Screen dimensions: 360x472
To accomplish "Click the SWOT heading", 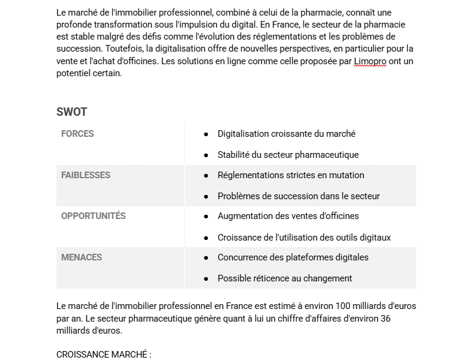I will click(71, 112).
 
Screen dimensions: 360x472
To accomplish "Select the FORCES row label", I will click(77, 134).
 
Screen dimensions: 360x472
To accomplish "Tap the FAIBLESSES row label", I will click(86, 175).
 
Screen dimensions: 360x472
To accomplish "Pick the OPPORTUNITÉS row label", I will click(94, 216).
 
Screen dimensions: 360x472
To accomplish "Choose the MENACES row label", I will click(82, 257).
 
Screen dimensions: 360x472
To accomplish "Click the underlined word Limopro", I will click(370, 61).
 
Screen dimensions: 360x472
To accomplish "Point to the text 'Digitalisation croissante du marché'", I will click(287, 134).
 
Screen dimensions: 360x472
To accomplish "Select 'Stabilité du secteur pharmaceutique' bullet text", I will click(288, 155).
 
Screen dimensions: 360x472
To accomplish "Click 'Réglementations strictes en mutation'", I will click(291, 175).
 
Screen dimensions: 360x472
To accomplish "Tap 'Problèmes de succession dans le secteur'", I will click(299, 196).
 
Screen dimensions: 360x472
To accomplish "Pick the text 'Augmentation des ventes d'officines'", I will click(288, 216).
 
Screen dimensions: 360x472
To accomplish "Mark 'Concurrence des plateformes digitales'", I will click(293, 257).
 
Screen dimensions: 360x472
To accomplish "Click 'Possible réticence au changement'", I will click(285, 278).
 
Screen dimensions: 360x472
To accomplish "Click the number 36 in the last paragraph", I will click(385, 319).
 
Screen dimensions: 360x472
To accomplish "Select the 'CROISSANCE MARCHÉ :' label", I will click(104, 355).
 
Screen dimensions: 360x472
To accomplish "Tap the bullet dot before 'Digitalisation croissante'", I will click(206, 134).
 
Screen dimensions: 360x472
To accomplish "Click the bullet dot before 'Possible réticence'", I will click(206, 278).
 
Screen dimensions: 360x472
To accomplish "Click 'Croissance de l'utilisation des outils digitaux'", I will click(304, 238).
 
